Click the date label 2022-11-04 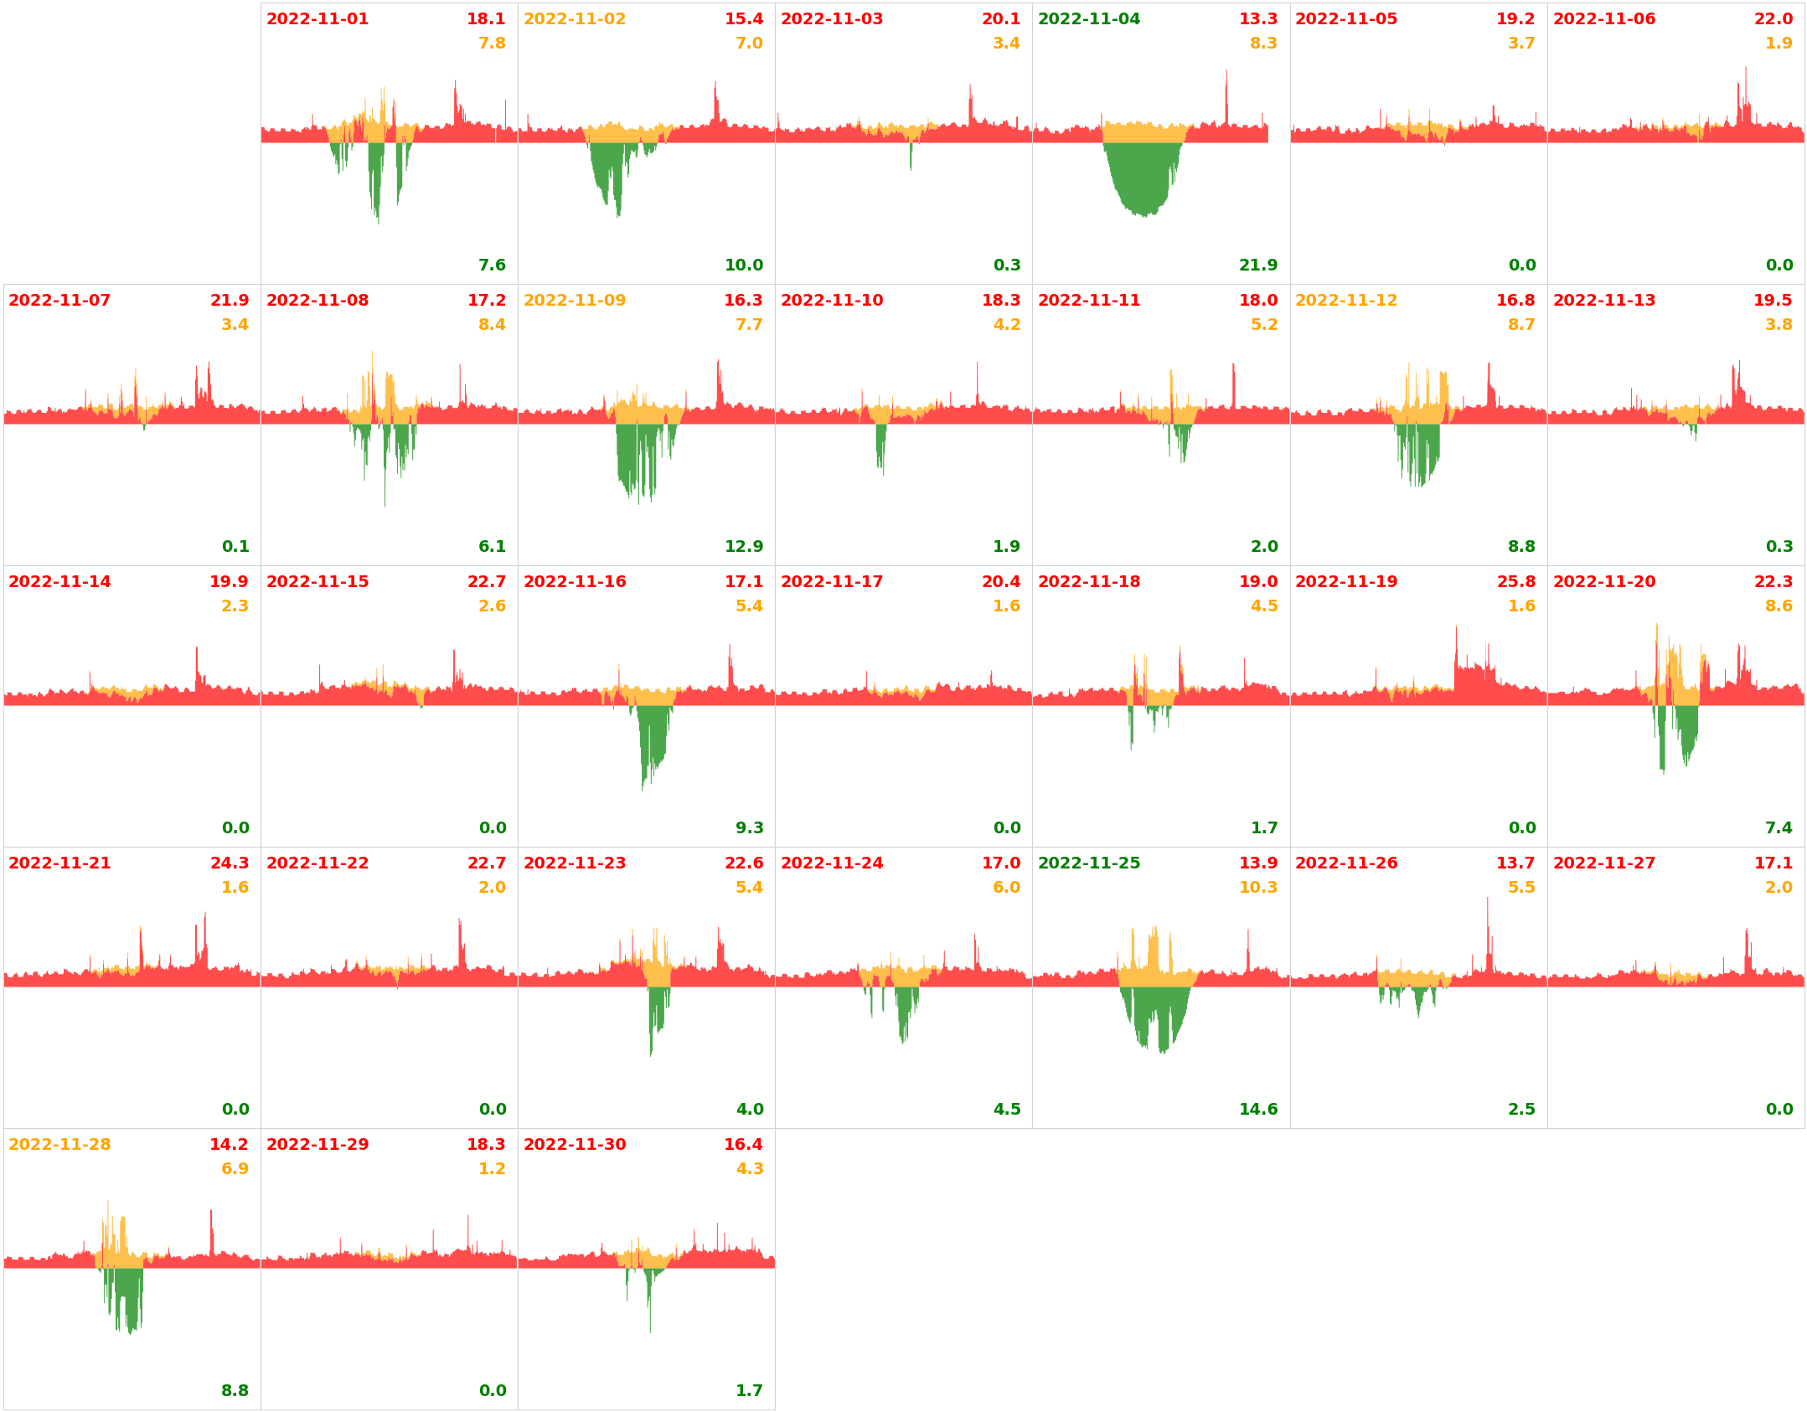1088,19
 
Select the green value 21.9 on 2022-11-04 1257,265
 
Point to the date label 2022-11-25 1088,863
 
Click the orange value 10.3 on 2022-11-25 1257,888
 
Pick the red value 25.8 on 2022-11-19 1515,582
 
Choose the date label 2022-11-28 59,1145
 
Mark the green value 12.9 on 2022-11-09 743,547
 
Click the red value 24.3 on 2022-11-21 229,863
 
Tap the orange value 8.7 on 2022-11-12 1520,325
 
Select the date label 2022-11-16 574,582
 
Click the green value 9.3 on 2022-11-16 749,828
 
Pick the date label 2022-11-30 574,1145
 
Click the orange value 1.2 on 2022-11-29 492,1169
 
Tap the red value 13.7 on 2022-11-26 1515,863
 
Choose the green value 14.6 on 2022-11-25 1257,1110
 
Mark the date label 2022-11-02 574,19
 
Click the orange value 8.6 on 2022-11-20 1778,606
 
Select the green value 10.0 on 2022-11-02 743,265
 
